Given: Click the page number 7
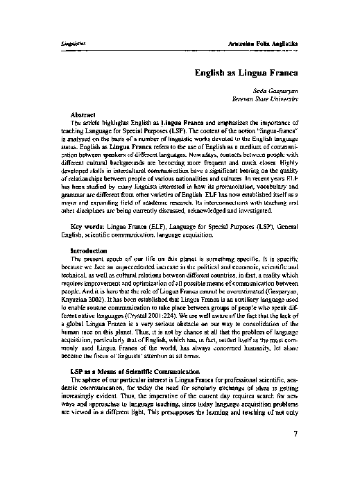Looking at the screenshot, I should pyautogui.click(x=295, y=435).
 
